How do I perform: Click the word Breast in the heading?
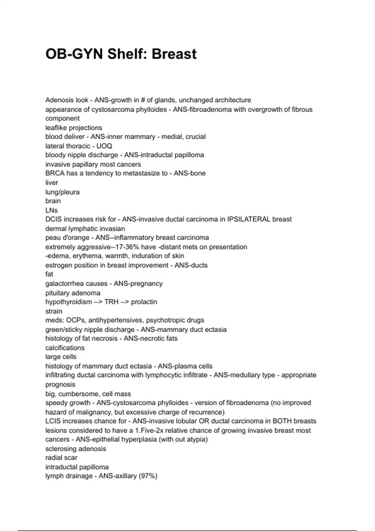174,54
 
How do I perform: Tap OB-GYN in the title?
74,54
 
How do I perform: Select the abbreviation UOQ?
104,146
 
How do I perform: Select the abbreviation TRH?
111,302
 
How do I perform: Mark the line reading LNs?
52,210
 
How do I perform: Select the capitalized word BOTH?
282,421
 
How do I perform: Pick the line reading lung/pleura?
62,192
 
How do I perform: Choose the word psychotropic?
165,320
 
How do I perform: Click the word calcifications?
65,348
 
